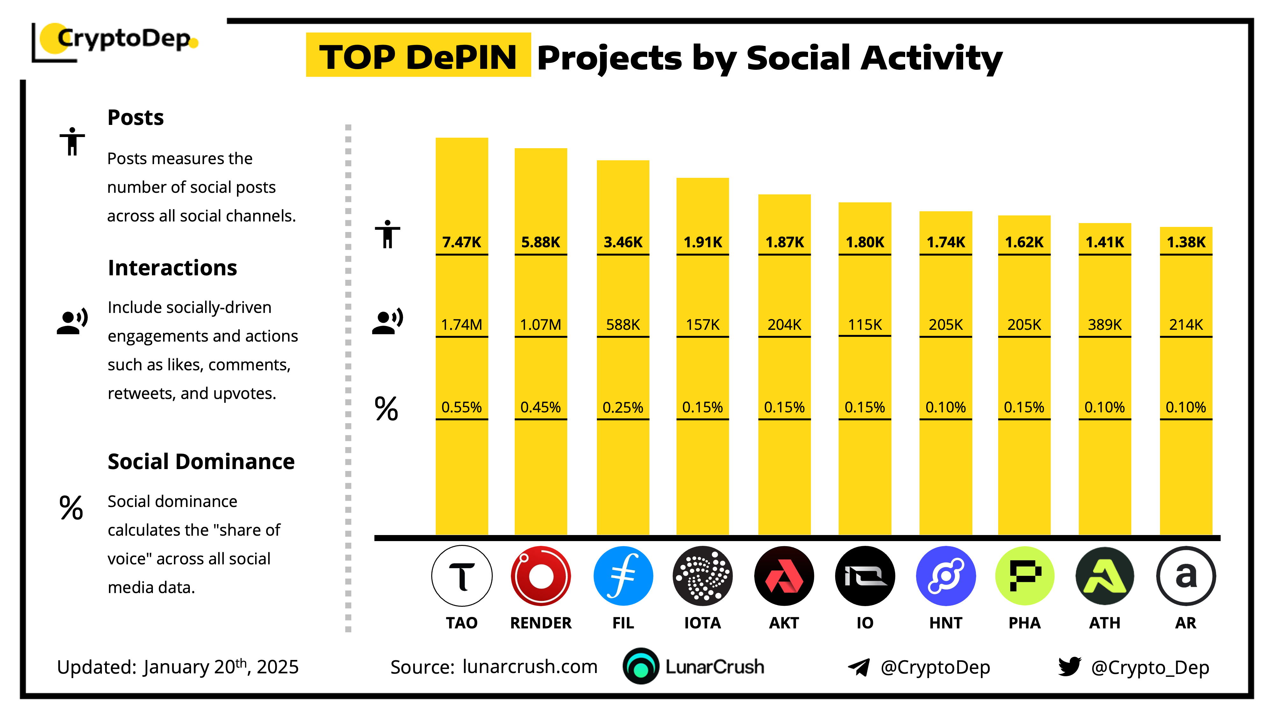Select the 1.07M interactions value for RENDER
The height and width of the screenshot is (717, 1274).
tap(540, 325)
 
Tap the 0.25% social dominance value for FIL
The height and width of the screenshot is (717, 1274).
tap(623, 407)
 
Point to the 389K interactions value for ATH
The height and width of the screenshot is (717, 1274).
tap(1104, 325)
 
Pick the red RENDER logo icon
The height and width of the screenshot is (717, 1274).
tap(540, 576)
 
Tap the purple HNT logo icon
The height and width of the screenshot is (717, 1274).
tap(946, 576)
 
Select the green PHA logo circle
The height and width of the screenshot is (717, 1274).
tap(1025, 576)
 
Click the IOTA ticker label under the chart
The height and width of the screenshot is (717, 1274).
tap(702, 622)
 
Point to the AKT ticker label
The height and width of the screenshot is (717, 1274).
tap(784, 622)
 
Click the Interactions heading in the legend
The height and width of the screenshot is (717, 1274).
tap(172, 268)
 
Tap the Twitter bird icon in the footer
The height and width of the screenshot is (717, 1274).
tap(1069, 667)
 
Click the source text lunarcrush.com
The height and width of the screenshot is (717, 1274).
tap(530, 667)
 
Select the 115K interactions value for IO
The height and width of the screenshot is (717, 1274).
tap(864, 325)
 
